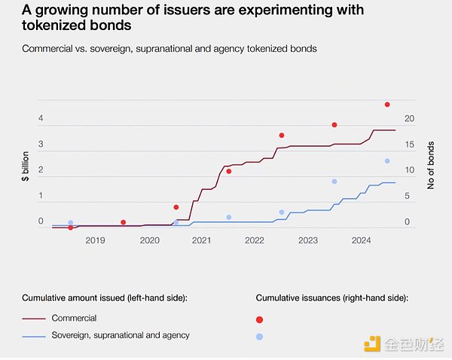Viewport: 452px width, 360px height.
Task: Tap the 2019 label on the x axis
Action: pos(95,240)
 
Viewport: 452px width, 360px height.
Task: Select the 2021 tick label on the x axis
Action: pos(201,240)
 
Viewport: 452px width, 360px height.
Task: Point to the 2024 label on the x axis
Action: pos(362,240)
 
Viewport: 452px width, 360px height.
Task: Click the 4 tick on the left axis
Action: pos(41,119)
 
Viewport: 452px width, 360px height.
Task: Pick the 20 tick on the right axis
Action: pos(411,119)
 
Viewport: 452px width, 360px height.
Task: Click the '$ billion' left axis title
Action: pos(25,166)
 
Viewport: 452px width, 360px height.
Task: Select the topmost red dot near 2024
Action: pos(387,105)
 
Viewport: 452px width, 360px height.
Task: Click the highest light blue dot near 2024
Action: pos(387,161)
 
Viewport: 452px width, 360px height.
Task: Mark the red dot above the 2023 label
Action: pos(334,125)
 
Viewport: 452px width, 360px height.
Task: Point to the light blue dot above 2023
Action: pos(334,182)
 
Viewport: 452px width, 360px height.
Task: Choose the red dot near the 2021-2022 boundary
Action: pos(228,172)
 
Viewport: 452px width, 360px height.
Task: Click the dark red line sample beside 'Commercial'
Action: pos(34,319)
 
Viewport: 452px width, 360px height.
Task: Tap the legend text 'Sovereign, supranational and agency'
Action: pos(121,335)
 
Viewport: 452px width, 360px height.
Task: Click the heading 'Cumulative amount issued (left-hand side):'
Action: pos(104,298)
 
